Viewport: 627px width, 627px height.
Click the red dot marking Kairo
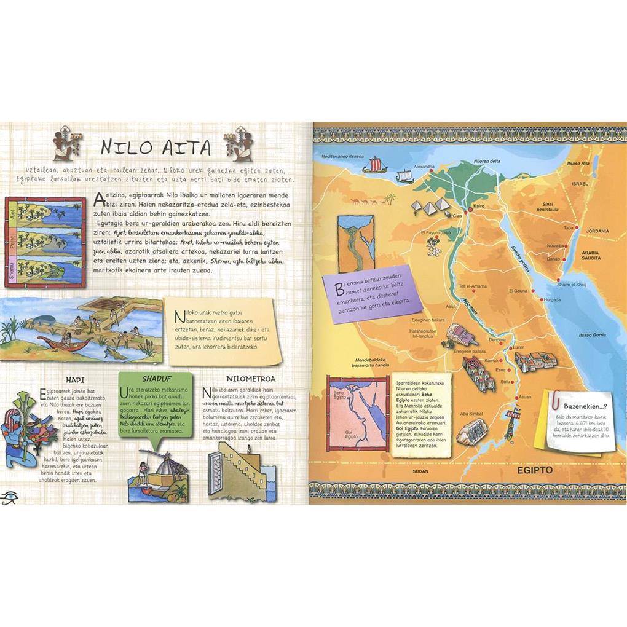coord(469,210)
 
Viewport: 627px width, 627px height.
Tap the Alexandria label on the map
coord(424,166)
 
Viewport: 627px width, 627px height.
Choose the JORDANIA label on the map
coord(595,231)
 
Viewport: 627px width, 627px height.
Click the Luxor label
coord(518,347)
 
